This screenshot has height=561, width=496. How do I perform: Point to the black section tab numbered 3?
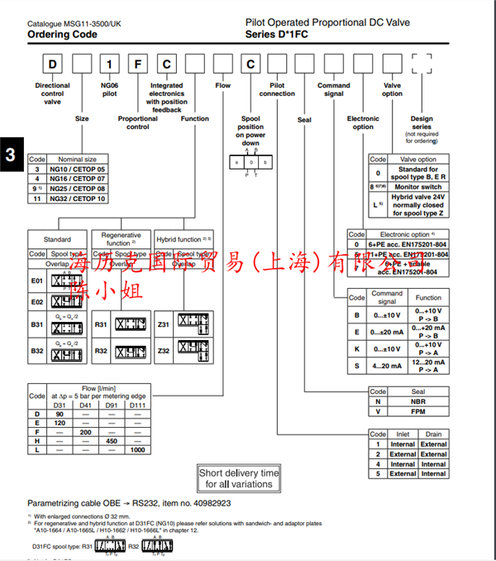[11, 155]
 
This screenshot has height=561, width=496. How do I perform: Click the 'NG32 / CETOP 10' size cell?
[78, 199]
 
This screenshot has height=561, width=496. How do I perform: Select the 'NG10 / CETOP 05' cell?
[78, 169]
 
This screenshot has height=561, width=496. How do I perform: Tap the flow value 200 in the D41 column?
[84, 431]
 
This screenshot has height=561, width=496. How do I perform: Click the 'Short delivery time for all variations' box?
[239, 478]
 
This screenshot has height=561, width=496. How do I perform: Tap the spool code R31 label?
[101, 324]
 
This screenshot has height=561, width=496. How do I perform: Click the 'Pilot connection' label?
[277, 89]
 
